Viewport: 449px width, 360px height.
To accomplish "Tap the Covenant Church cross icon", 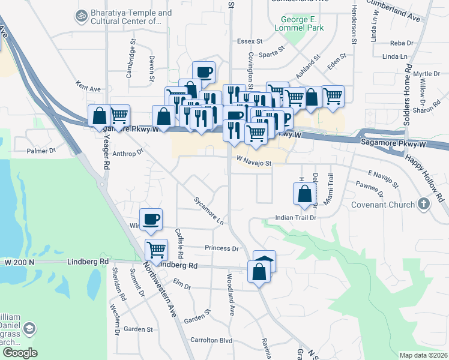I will coord(424,204).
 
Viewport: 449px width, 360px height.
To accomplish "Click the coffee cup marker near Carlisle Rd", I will coord(151,220).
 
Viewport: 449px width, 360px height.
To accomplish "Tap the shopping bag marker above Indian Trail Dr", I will coord(304,194).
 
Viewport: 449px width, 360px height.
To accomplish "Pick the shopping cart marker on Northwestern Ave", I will coord(156,249).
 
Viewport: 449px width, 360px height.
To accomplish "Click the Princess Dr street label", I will coord(221,248).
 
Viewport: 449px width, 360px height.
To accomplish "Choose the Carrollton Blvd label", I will coord(211,340).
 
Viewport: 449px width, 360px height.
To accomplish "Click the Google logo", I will coord(20,353).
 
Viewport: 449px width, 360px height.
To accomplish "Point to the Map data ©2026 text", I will coord(423,355).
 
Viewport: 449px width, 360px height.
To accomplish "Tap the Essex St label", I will coord(250,41).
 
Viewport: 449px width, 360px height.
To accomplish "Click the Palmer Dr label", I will coord(41,151).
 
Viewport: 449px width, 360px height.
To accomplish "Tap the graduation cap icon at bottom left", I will coord(30,329).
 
